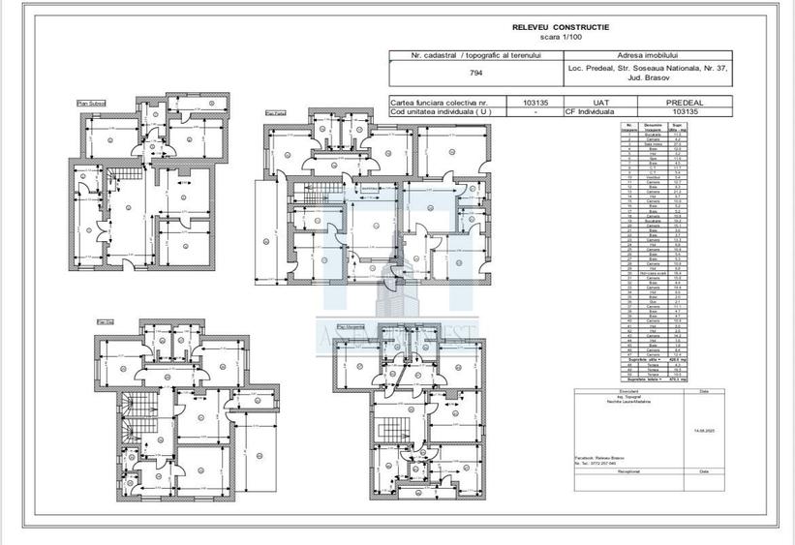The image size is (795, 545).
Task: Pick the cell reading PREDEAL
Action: (684, 101)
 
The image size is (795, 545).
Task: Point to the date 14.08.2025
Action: (704, 429)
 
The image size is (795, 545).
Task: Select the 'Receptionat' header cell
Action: (617, 473)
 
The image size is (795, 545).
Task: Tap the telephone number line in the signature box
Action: (596, 463)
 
